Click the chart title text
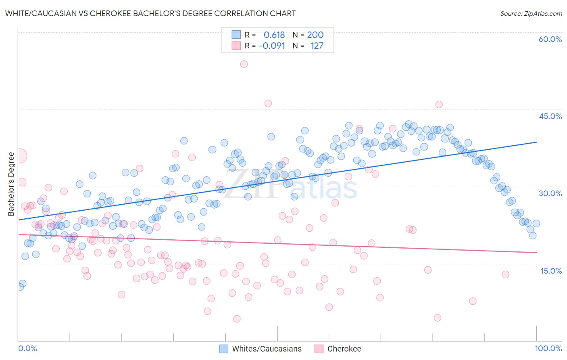tap(150, 13)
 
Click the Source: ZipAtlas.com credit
tap(531, 13)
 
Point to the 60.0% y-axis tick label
tap(550, 39)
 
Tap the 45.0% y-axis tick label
tap(550, 116)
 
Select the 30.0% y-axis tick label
tap(550, 193)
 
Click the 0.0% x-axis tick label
tap(27, 348)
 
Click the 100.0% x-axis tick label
tap(548, 348)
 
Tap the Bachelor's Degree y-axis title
tap(11, 184)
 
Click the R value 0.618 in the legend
tap(274, 35)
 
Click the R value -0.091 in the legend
tap(272, 46)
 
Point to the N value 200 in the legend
tap(315, 35)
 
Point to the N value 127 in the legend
tap(317, 46)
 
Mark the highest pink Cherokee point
tap(244, 64)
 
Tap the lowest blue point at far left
tap(20, 287)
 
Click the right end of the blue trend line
tap(536, 142)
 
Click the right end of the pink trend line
tap(536, 252)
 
